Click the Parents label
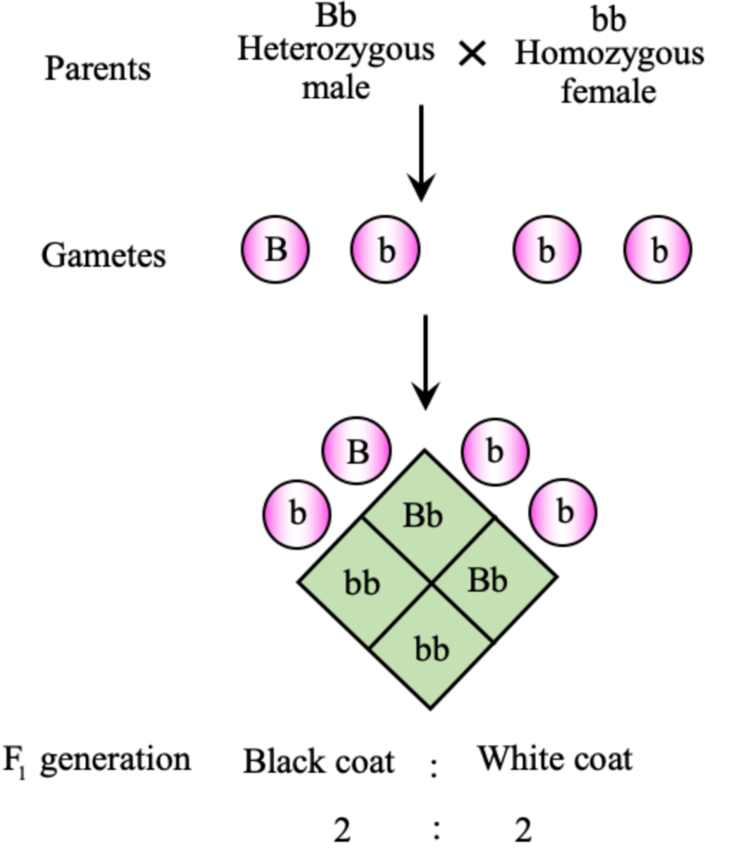98,68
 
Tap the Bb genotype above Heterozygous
335,15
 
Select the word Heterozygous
335,49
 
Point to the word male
335,87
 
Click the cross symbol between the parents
472,54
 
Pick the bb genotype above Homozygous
609,18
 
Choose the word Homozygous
609,54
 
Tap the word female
609,90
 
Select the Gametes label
104,255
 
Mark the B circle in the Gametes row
275,249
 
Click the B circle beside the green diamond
357,452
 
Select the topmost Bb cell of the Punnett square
424,516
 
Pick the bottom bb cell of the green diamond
432,649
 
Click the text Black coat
319,761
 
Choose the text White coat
554,759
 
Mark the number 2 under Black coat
342,831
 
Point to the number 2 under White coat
523,831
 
